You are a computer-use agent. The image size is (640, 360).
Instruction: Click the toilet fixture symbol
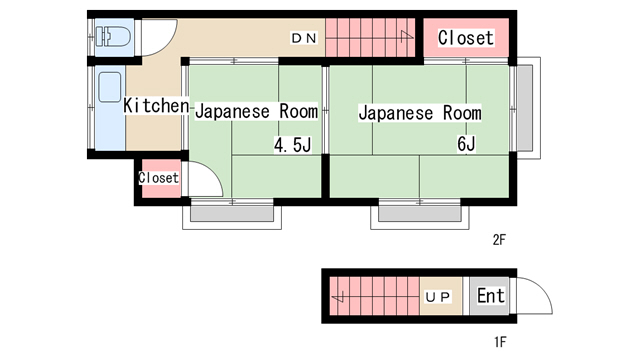coord(113,36)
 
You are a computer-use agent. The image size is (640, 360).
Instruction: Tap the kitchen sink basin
coord(110,87)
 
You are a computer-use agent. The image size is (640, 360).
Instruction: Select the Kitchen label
coord(156,105)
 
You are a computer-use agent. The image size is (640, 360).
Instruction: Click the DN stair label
coord(304,38)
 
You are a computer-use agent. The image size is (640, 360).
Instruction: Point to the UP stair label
coord(438,297)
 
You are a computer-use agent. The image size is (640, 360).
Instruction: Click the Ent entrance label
coord(491,296)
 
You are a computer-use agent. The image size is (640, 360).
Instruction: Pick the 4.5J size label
coord(293,144)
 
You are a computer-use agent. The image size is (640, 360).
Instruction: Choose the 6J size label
coord(466,144)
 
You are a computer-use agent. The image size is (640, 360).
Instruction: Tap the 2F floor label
coord(499,240)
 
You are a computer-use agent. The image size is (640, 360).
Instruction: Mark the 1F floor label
coord(500,342)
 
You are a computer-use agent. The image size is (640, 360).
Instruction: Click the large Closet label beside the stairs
coord(466,38)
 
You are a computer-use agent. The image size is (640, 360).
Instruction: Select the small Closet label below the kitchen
coord(158,178)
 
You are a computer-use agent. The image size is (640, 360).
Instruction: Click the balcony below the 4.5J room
coord(232,217)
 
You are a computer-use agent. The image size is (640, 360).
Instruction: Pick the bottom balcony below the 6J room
coord(420,217)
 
